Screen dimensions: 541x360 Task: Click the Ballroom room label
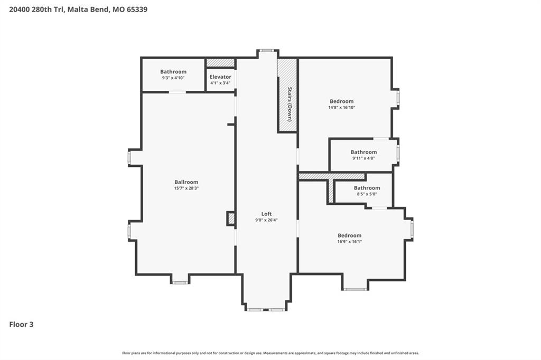186,182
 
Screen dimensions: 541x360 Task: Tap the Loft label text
266,214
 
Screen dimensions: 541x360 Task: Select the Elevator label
220,77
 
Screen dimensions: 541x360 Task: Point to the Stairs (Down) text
290,104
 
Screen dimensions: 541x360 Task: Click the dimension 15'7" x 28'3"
186,188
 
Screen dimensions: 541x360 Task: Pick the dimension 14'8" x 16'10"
342,108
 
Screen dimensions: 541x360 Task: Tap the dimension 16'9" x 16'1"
350,242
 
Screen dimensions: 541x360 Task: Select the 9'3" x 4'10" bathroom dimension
173,78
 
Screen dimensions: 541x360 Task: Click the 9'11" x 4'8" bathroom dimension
363,158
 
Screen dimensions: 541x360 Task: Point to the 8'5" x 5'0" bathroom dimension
367,194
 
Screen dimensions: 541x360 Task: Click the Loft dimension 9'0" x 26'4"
266,220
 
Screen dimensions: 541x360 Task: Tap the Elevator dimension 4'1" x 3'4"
220,83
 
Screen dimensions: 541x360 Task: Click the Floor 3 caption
21,325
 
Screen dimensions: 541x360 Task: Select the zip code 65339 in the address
137,10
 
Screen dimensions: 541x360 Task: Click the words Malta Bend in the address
88,10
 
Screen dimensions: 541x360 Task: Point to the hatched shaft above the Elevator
220,63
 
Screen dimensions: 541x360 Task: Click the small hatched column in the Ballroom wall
231,219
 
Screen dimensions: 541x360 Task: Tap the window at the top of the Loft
267,51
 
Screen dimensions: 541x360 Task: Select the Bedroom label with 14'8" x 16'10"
342,101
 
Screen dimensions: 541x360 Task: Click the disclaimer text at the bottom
270,353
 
